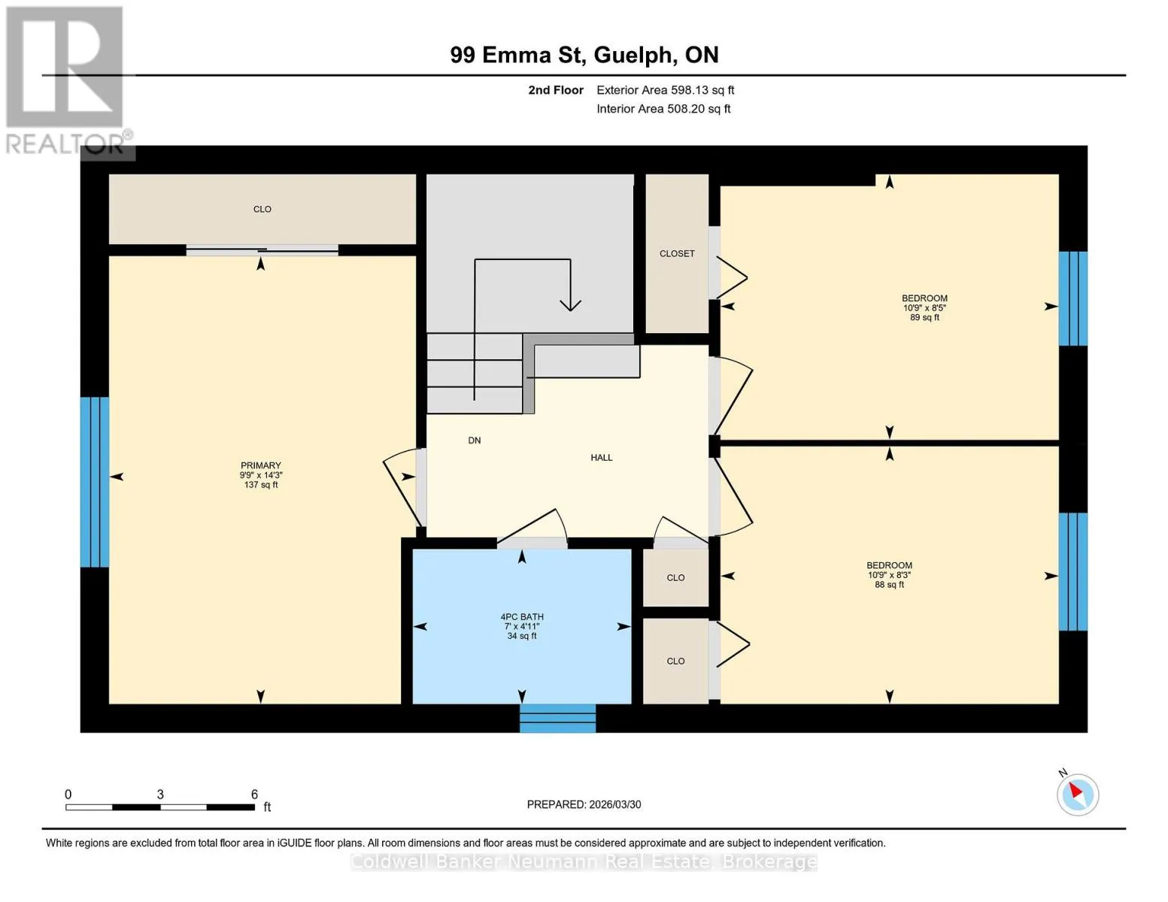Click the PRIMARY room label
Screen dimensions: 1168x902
(261, 465)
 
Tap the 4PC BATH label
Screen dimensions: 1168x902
(522, 616)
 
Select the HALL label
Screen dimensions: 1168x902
(602, 457)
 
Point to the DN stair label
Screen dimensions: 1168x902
(474, 440)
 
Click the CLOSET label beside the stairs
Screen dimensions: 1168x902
(677, 253)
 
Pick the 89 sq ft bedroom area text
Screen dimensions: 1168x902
(924, 317)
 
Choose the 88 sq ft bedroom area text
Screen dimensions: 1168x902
(889, 585)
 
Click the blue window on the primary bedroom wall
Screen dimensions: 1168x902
(95, 482)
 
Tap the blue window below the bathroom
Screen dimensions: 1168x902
(557, 719)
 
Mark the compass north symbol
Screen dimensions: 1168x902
(1077, 795)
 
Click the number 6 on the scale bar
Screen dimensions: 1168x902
(254, 794)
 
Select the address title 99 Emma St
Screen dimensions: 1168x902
(517, 55)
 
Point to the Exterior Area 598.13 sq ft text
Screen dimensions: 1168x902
(665, 90)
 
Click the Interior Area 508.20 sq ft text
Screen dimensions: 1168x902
(663, 108)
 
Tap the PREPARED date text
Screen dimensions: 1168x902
(584, 804)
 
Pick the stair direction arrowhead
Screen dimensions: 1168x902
(570, 304)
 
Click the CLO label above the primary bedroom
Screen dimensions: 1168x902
(262, 209)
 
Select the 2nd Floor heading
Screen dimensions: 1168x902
(556, 90)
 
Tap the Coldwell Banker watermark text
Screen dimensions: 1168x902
(584, 861)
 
